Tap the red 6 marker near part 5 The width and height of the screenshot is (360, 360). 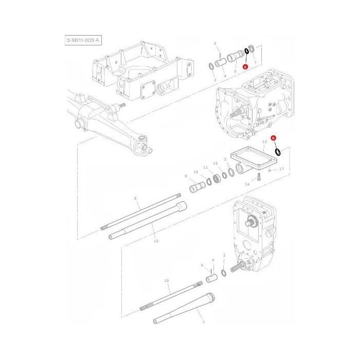pyautogui.click(x=246, y=66)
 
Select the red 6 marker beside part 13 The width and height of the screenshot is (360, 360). pyautogui.click(x=274, y=138)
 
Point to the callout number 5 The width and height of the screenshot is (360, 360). pyautogui.click(x=236, y=70)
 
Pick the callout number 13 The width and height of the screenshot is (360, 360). pyautogui.click(x=264, y=141)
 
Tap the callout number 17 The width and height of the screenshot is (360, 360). pyautogui.click(x=281, y=169)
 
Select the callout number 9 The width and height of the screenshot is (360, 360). pyautogui.click(x=186, y=176)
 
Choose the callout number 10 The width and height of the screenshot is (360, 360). pyautogui.click(x=195, y=172)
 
